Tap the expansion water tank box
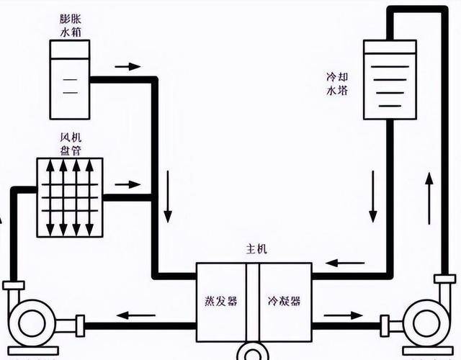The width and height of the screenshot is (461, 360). [x=69, y=79]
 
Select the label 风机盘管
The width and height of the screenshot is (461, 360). [x=71, y=145]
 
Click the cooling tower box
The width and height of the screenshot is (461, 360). [x=390, y=79]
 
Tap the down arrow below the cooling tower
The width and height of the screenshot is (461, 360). [x=374, y=197]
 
